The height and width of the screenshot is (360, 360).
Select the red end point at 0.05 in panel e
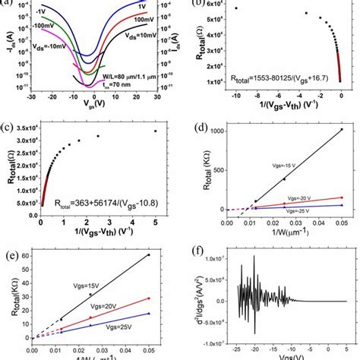(149, 298)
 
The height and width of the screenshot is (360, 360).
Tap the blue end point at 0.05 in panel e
(149, 313)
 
